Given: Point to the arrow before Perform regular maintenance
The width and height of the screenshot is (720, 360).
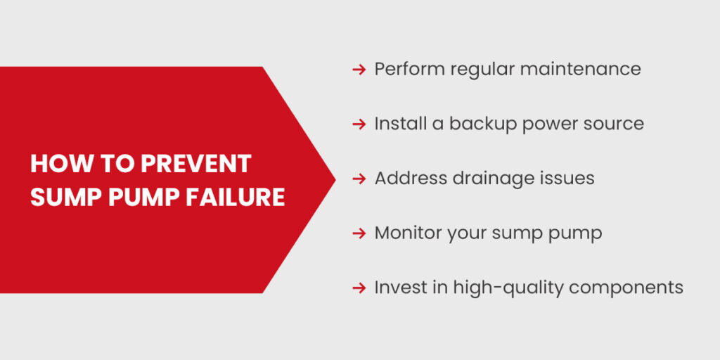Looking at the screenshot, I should (359, 69).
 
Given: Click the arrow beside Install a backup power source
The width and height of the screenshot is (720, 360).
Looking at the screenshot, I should (359, 124).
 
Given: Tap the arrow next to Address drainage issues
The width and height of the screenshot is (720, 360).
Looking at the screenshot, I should (359, 179).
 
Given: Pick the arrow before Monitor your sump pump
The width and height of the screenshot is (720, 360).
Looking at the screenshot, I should (359, 233).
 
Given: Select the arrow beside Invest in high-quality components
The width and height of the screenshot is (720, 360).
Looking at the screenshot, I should (359, 288).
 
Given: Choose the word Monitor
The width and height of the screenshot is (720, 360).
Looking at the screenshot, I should (407, 233).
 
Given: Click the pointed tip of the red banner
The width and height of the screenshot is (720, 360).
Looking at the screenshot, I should (334, 179).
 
